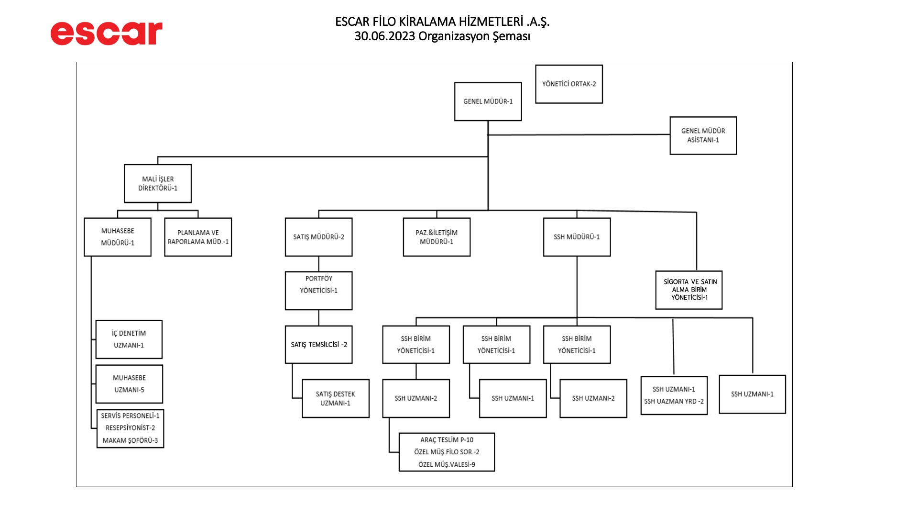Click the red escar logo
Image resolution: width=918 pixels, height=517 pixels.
106,33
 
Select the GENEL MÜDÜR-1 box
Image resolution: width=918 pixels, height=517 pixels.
488,101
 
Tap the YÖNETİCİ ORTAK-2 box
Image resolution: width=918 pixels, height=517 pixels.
569,84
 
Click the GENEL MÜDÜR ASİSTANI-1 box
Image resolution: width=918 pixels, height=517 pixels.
703,135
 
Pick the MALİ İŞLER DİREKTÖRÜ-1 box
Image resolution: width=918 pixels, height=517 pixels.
158,183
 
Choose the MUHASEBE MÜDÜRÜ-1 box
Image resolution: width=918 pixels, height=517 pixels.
118,237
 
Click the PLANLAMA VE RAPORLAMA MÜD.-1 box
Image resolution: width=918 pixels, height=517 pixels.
198,237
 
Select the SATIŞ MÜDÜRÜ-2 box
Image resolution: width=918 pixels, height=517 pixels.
318,237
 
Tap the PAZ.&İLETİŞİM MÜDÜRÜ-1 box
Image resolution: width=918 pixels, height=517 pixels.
437,237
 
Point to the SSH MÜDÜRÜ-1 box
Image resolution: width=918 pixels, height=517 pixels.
577,237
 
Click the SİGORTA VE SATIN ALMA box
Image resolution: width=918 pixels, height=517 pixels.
689,290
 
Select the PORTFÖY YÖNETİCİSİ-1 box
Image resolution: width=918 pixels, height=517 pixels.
318,291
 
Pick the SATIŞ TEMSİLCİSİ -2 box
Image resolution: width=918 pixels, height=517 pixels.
318,345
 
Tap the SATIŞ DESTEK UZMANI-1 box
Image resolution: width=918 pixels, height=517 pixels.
335,398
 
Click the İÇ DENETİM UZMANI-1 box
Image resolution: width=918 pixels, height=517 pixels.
129,339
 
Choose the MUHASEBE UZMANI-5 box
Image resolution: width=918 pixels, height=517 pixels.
129,384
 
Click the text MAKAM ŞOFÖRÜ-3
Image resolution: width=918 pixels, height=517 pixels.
130,440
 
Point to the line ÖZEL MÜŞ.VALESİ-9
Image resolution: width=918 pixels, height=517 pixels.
447,464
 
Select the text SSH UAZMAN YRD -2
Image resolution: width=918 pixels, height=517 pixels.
674,402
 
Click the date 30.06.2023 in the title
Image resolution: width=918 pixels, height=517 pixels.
384,36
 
